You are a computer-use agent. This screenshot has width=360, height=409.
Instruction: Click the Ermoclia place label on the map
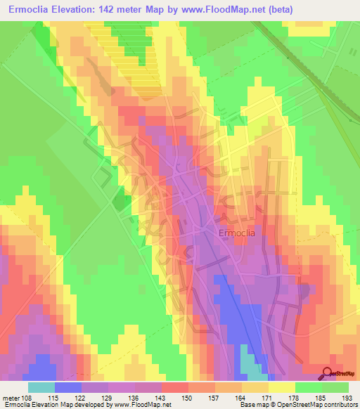(x=236, y=233)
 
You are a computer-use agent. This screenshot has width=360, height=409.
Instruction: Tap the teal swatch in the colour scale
(x=41, y=387)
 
